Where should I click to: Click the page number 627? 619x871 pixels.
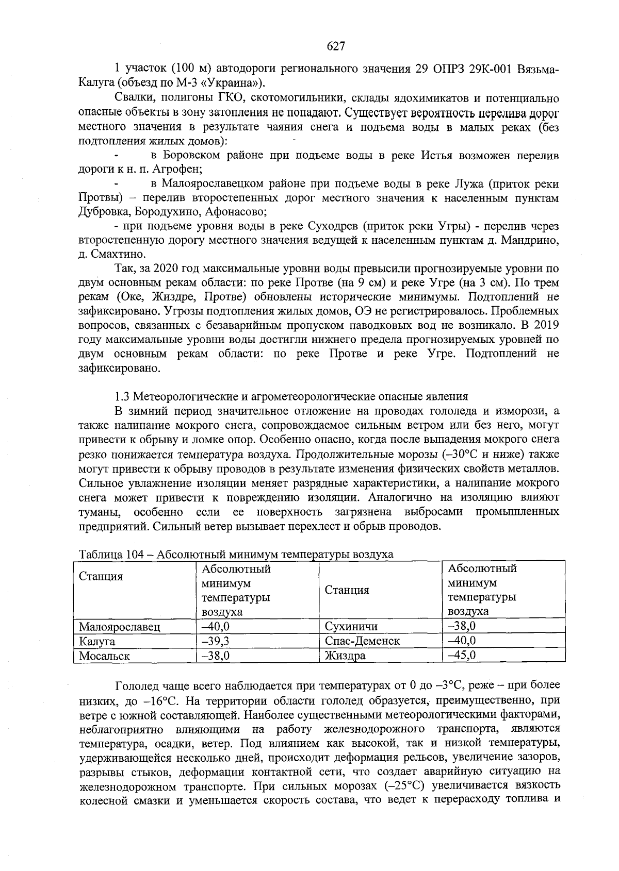pyautogui.click(x=336, y=46)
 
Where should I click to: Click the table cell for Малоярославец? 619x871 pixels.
pyautogui.click(x=119, y=627)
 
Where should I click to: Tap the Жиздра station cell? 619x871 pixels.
pyautogui.click(x=345, y=656)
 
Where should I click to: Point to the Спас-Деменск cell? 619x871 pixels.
pyautogui.click(x=362, y=641)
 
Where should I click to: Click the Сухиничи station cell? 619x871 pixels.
pyautogui.click(x=351, y=627)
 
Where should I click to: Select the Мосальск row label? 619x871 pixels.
pyautogui.click(x=104, y=656)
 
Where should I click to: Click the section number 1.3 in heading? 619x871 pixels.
pyautogui.click(x=122, y=396)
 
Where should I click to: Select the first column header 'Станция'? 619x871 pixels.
pyautogui.click(x=101, y=576)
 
